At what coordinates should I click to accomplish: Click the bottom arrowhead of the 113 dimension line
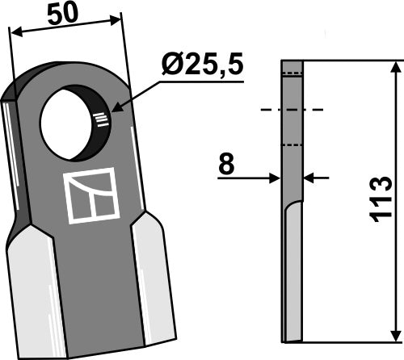point(393,335)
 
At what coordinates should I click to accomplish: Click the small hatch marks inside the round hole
point(100,120)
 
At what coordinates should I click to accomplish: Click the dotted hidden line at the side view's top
point(292,73)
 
